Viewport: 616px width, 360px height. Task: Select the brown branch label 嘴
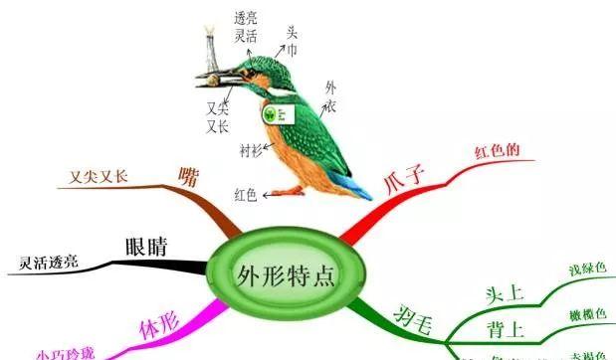click(187, 177)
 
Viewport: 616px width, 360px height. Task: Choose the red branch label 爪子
click(404, 181)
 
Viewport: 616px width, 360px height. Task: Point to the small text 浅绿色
click(587, 270)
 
